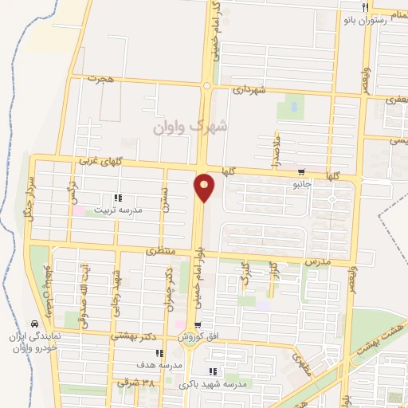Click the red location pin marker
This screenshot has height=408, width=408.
point(205,187)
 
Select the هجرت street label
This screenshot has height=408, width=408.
point(103,79)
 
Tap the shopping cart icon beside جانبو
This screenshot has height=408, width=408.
point(301,171)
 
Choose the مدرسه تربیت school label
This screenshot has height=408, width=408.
point(119,210)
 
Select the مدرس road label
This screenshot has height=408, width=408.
point(317,261)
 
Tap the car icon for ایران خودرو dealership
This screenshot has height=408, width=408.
point(33,324)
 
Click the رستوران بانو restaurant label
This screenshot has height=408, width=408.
point(385,20)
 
